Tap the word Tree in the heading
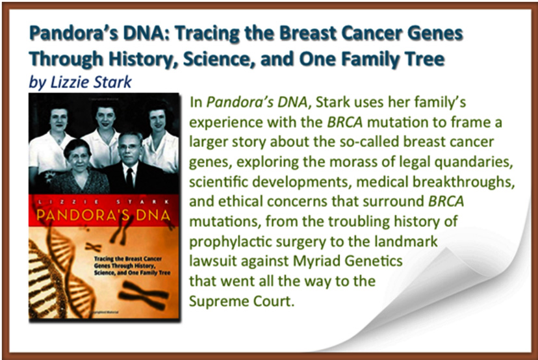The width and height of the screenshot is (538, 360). (x=427, y=58)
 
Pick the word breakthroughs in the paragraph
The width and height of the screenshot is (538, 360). (x=463, y=181)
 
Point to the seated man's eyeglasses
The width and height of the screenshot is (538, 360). (x=129, y=147)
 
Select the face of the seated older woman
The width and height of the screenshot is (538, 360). (x=77, y=156)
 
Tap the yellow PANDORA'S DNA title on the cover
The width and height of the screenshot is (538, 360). (x=103, y=215)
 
